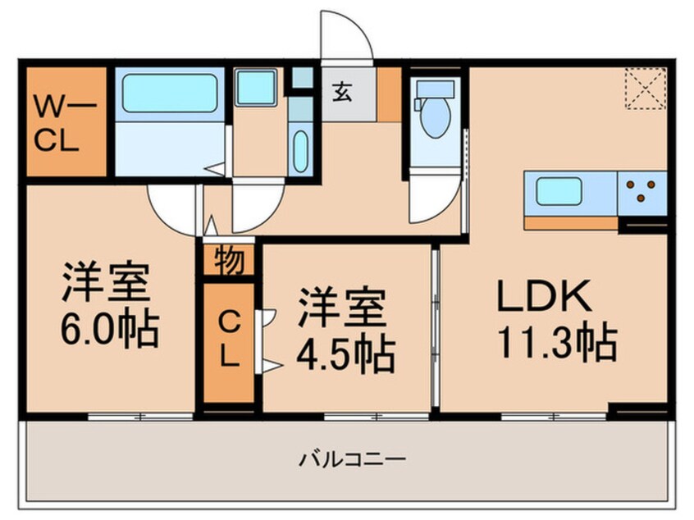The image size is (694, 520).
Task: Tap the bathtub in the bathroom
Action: (170, 94)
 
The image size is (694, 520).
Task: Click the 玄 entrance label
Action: (344, 93)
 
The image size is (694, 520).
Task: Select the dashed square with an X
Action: (644, 88)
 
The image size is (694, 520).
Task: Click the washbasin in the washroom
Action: (300, 150)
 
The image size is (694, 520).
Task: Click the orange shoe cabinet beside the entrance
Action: (390, 94)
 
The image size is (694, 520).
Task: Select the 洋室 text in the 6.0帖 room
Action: (104, 284)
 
